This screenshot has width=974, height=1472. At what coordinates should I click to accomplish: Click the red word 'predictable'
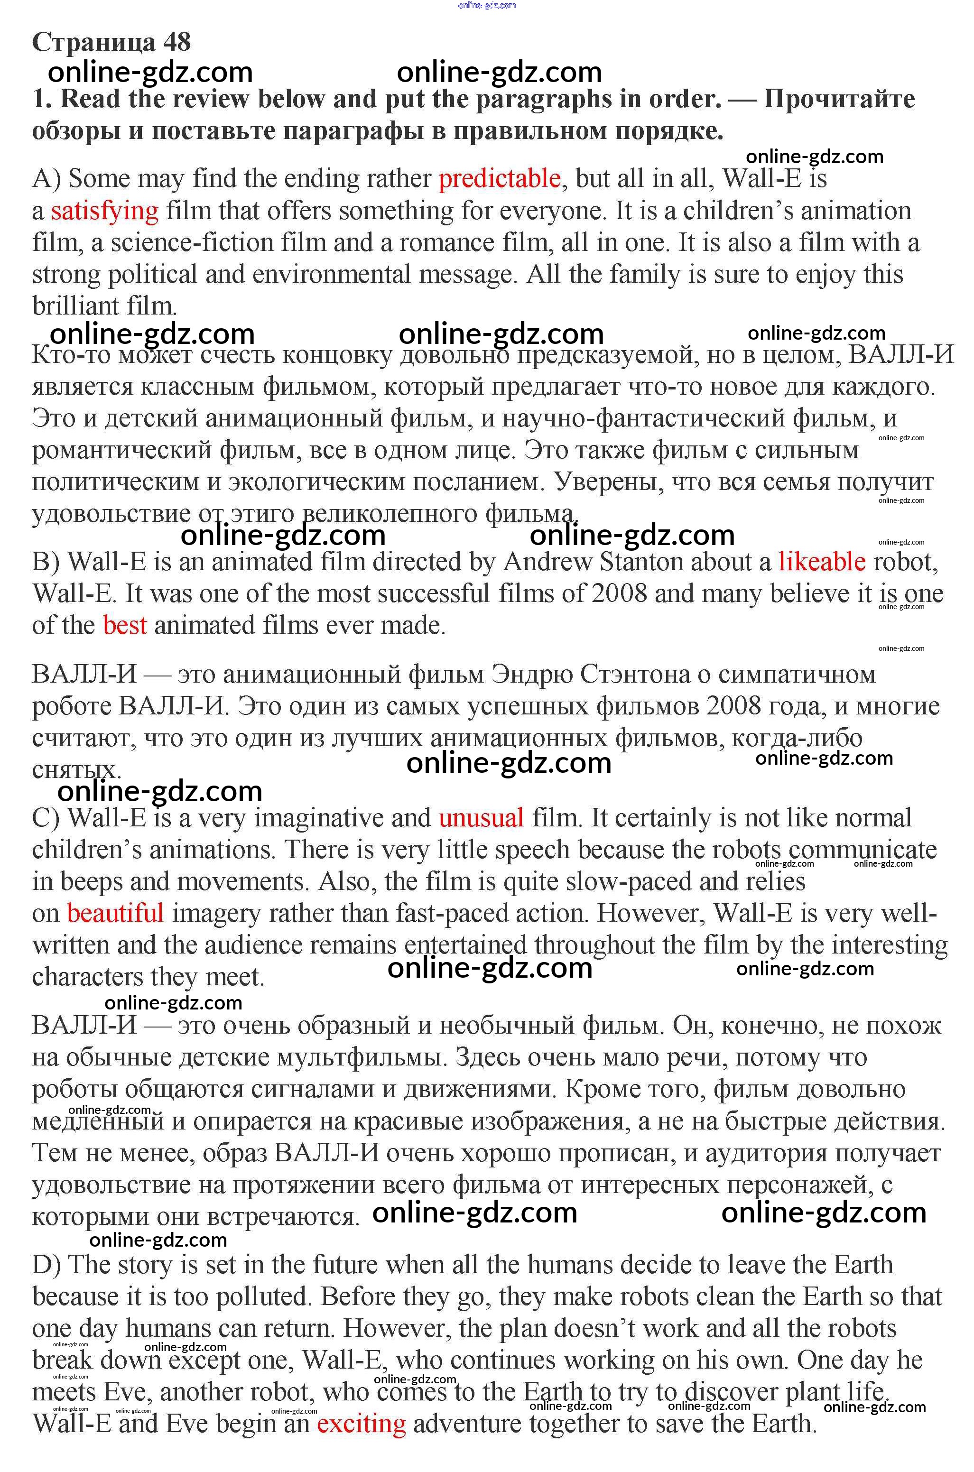click(500, 179)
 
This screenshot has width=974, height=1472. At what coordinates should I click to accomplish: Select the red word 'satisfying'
click(104, 211)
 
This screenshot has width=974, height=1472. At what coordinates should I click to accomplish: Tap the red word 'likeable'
click(821, 562)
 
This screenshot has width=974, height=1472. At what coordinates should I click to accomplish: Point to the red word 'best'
click(125, 625)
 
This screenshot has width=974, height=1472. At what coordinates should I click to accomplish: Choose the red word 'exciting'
click(361, 1424)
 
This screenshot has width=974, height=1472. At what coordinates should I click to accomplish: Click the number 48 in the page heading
click(177, 42)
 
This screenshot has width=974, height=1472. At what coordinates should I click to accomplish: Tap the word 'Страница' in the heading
click(94, 42)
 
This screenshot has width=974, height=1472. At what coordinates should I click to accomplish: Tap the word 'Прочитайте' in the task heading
click(839, 99)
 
